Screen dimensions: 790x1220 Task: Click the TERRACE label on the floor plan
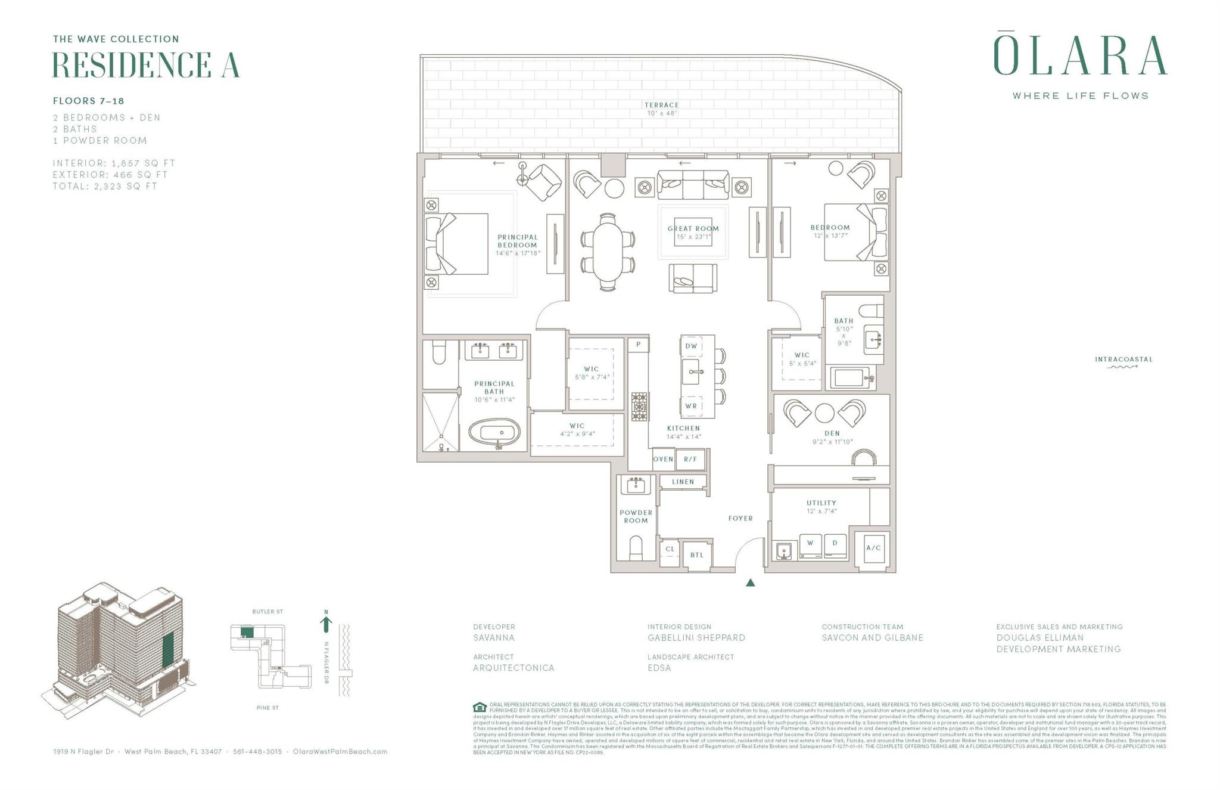(661, 105)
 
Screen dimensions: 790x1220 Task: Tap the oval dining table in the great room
(608, 252)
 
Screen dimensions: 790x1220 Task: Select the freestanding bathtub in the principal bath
(494, 432)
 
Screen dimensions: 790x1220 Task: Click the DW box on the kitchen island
(691, 346)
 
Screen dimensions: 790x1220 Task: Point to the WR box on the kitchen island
(691, 406)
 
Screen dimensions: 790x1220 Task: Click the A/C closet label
(873, 548)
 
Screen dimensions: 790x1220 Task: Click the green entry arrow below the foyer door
(751, 583)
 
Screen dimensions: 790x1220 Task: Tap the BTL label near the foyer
(697, 555)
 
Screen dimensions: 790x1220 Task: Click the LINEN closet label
(683, 482)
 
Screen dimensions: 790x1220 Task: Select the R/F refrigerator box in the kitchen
(690, 459)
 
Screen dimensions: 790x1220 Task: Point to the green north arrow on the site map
(326, 624)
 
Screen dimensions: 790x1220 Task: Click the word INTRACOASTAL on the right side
(1123, 360)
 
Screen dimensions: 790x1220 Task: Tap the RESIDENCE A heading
(146, 65)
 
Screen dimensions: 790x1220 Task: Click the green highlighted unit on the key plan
(247, 632)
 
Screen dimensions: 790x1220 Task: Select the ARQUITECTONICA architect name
(513, 668)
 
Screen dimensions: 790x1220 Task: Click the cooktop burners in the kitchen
(639, 407)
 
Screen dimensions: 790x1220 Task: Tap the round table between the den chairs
(824, 413)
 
